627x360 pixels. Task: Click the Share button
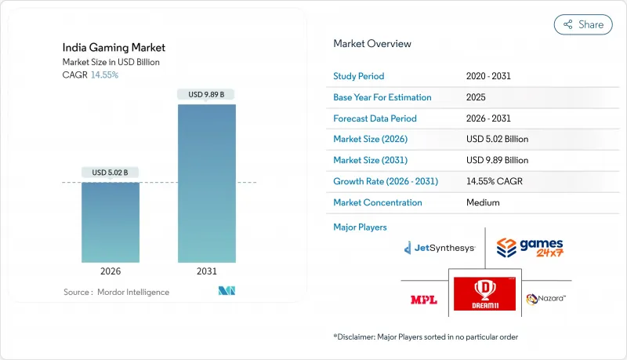click(x=583, y=24)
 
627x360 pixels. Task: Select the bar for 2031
click(x=207, y=184)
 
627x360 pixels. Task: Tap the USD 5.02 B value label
click(x=111, y=173)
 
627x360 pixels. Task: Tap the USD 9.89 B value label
click(x=207, y=95)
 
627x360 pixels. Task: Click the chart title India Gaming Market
click(x=114, y=48)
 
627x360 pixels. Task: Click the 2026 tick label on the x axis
click(x=111, y=271)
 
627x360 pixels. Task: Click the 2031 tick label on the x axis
click(x=207, y=271)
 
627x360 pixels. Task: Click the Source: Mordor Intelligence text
click(x=116, y=292)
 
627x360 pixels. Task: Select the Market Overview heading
click(x=371, y=44)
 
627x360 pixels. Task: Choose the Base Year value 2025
click(x=476, y=98)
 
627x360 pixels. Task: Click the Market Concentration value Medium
click(x=483, y=202)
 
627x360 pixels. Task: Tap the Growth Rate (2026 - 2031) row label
click(x=386, y=181)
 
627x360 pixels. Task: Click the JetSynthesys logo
click(x=440, y=248)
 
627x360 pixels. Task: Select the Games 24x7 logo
click(x=530, y=249)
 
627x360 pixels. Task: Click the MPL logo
click(x=424, y=300)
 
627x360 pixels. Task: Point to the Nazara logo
click(x=546, y=299)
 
